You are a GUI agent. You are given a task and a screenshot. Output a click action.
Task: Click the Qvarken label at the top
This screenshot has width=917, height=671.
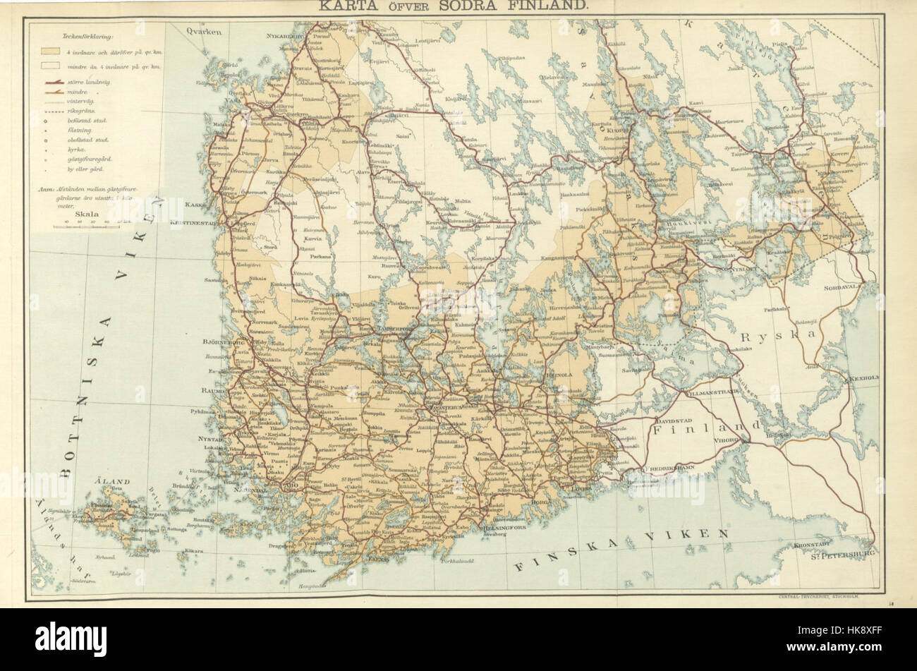205,32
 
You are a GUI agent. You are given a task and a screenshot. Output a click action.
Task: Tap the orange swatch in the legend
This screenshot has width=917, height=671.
49,52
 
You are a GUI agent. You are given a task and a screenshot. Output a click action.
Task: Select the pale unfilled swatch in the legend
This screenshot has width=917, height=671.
49,66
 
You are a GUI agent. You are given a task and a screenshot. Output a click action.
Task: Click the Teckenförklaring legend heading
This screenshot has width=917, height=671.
82,35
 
